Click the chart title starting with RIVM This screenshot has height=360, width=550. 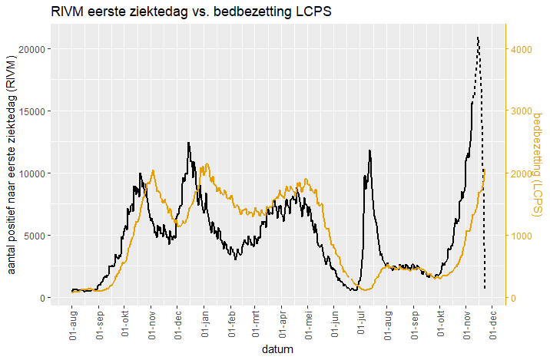(x=191, y=13)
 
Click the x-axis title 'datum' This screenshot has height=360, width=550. (x=277, y=350)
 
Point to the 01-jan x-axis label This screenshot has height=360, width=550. (x=205, y=323)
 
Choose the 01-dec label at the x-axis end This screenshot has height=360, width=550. (x=491, y=323)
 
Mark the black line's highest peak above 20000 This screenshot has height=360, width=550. (x=477, y=37)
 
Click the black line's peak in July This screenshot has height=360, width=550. (x=369, y=150)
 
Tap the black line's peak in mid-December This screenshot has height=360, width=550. (x=188, y=143)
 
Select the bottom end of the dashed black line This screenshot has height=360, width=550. (x=485, y=289)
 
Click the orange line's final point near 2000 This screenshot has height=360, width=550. (x=485, y=170)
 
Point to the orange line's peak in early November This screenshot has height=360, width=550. (x=154, y=170)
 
